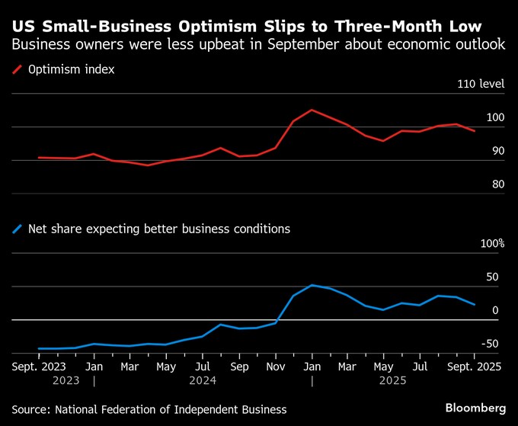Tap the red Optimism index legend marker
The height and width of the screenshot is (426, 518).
point(17,70)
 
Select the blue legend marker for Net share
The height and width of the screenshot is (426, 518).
point(17,228)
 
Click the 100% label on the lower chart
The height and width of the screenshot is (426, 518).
point(491,244)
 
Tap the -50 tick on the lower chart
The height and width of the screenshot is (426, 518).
point(491,344)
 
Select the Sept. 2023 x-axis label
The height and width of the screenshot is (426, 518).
point(38,366)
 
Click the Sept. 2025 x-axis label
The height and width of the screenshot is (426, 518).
point(474,366)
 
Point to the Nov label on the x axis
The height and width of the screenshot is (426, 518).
point(275,366)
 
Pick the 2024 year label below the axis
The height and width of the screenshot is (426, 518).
point(202,379)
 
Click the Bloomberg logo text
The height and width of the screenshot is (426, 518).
point(475,408)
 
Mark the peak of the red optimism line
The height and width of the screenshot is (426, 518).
point(312,110)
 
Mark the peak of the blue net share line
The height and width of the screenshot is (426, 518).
point(312,285)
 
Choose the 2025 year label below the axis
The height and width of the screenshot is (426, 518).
point(393,379)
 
